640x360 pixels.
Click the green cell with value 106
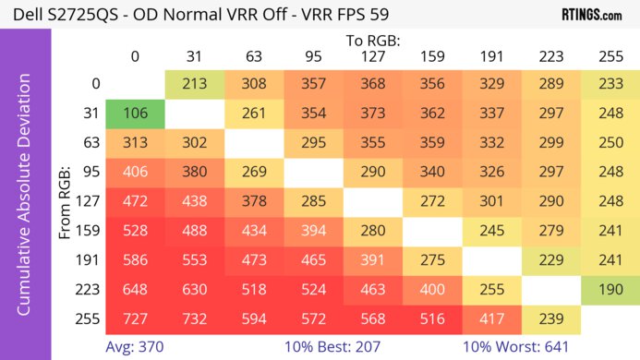[135, 114]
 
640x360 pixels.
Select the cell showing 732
[195, 318]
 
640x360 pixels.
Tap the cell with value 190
[610, 289]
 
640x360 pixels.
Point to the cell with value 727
[135, 318]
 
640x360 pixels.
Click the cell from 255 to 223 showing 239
[550, 318]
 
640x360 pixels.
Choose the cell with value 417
[491, 318]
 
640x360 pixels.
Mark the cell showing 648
[135, 289]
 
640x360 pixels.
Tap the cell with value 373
[373, 114]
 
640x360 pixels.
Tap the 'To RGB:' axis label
[372, 42]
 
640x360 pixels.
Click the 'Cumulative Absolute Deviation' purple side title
[25, 201]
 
